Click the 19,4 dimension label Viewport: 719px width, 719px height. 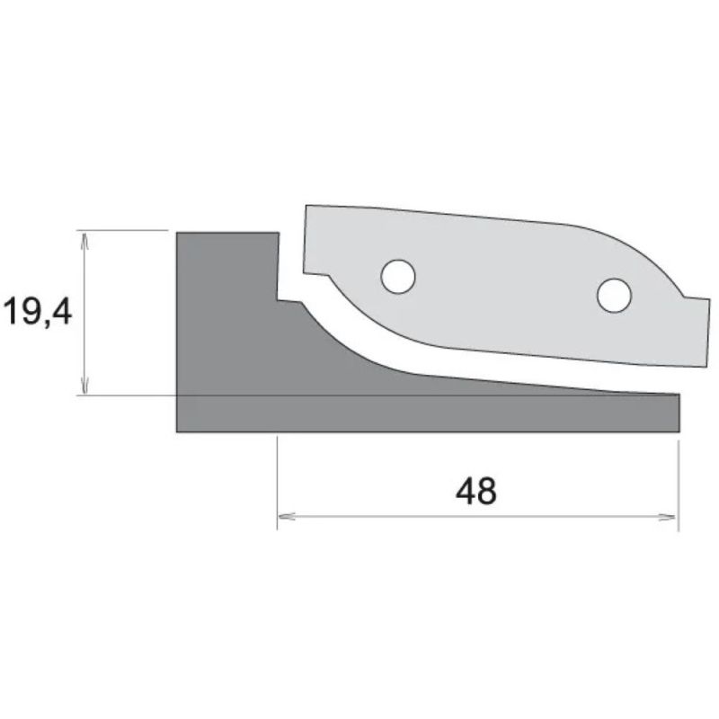click(x=37, y=311)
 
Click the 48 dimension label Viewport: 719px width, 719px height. click(x=475, y=490)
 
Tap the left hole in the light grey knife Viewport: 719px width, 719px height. click(x=398, y=277)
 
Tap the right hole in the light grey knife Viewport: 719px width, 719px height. click(x=614, y=296)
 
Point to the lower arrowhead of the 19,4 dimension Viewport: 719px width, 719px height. click(x=84, y=386)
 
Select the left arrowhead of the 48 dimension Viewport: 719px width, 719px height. click(x=286, y=517)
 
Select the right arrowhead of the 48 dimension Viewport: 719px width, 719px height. click(x=667, y=518)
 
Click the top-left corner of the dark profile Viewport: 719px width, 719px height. click(x=177, y=233)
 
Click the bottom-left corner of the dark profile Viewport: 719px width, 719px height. click(x=177, y=432)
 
